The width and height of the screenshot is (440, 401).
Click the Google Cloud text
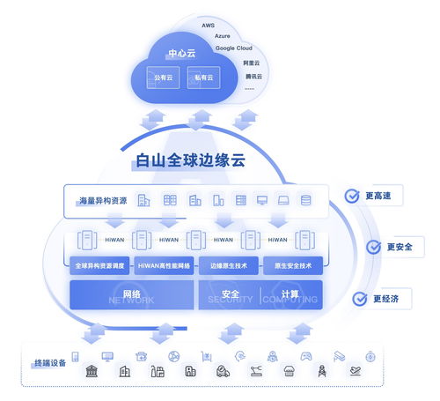tap(234, 48)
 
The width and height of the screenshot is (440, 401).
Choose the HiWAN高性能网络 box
tap(165, 265)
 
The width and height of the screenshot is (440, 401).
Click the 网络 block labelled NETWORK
tap(131, 293)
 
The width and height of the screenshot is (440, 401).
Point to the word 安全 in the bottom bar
tap(231, 293)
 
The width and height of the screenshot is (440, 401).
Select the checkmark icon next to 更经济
tap(359, 299)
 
